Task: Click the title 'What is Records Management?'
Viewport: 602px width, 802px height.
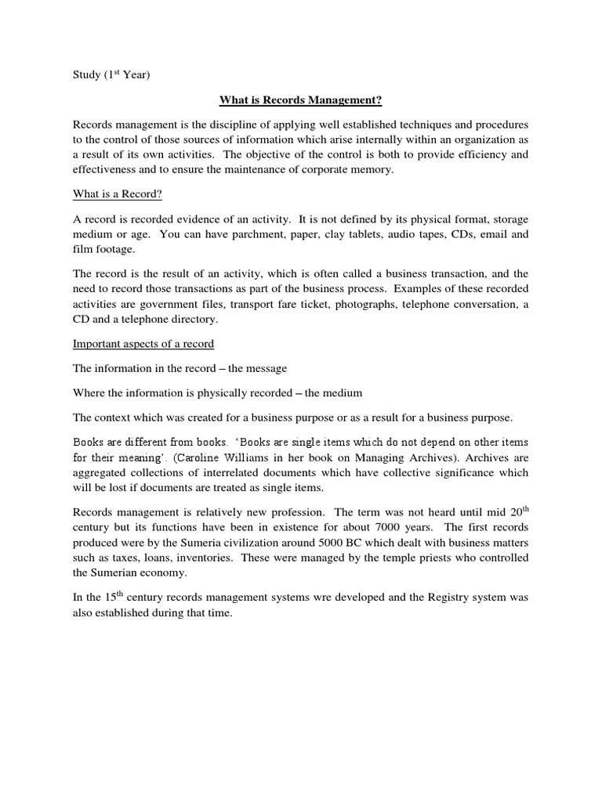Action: pos(300,100)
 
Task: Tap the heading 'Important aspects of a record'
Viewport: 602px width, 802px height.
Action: pos(143,343)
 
